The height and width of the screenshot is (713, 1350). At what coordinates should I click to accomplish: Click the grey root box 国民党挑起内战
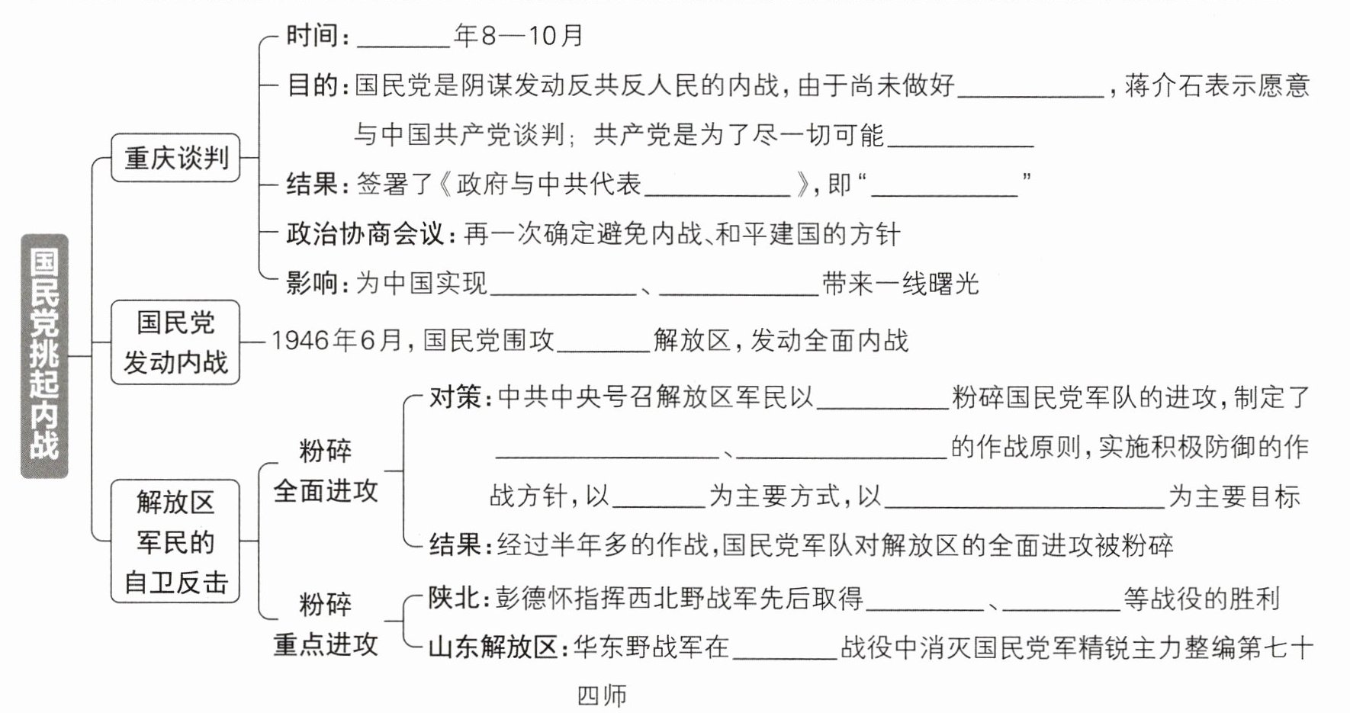[x=44, y=355]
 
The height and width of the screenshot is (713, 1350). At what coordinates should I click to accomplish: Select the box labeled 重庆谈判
[x=175, y=158]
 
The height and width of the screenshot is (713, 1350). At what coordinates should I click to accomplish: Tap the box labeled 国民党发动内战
[x=175, y=342]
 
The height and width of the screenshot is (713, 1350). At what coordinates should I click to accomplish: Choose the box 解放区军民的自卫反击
[x=175, y=541]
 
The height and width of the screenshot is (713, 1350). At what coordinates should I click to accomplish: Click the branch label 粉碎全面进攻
[x=326, y=471]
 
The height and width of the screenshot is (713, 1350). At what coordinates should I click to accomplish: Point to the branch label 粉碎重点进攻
[x=326, y=625]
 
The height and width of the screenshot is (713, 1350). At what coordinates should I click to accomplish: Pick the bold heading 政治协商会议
[x=365, y=233]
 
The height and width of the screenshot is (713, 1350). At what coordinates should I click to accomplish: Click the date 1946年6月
[x=336, y=340]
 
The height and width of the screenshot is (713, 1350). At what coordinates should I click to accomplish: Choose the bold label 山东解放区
[x=493, y=647]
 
